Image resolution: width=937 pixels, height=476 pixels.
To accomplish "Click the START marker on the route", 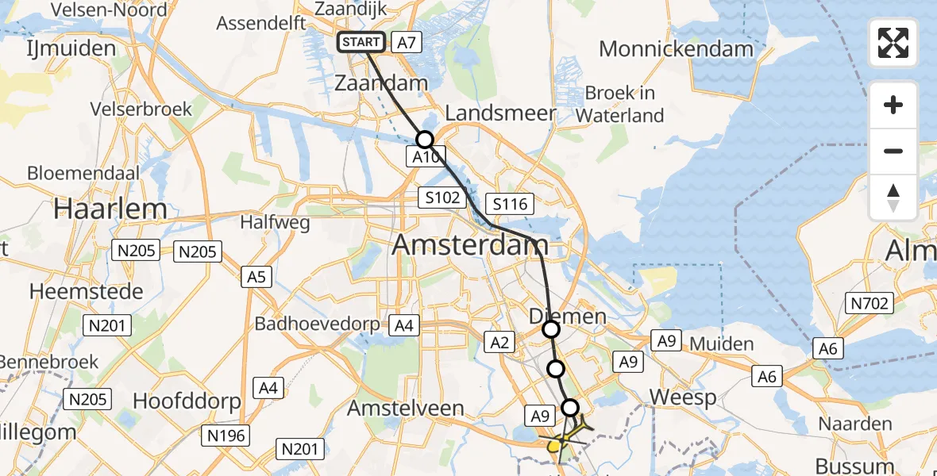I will coord(361,42).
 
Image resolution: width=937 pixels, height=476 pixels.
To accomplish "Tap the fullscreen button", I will coord(893,43).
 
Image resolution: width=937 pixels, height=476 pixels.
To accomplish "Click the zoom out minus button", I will coord(893,151).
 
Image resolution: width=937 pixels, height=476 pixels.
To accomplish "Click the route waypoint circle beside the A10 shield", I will coord(425,140).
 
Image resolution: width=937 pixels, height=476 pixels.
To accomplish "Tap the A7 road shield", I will coord(406,43).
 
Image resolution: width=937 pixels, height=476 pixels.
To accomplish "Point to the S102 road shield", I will coord(442,197).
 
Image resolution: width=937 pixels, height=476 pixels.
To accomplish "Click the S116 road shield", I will coord(509,204).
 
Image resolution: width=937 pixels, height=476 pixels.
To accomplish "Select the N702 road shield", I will coord(870,302).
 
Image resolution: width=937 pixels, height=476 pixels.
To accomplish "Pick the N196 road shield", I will coord(226,435).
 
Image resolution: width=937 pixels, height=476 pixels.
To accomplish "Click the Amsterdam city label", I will coord(470,245).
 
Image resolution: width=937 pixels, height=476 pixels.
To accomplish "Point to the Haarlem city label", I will coord(110,209).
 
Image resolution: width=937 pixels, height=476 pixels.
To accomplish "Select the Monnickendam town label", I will coord(676,48).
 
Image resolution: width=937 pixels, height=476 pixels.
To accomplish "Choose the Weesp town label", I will coord(682,397).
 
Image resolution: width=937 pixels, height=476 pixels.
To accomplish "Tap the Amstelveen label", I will coord(406,409).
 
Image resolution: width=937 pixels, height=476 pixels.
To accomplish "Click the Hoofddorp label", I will coord(187,401).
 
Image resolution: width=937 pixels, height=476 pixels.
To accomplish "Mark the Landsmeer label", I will coord(500,113).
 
